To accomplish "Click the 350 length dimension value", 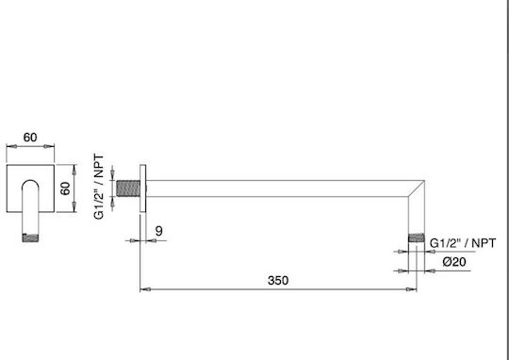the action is coord(278,281).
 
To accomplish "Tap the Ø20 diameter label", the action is coord(454,262).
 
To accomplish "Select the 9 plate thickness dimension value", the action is coord(158,231).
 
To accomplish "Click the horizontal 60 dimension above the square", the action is coord(30,138).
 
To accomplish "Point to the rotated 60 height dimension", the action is coord(66,188).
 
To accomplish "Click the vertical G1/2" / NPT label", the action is coord(100,187).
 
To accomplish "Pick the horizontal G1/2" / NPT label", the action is coord(463,243).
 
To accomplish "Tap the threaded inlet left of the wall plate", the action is coord(128,188).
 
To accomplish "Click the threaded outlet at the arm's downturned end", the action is coord(417,237).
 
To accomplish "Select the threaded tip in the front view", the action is coord(30,237).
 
